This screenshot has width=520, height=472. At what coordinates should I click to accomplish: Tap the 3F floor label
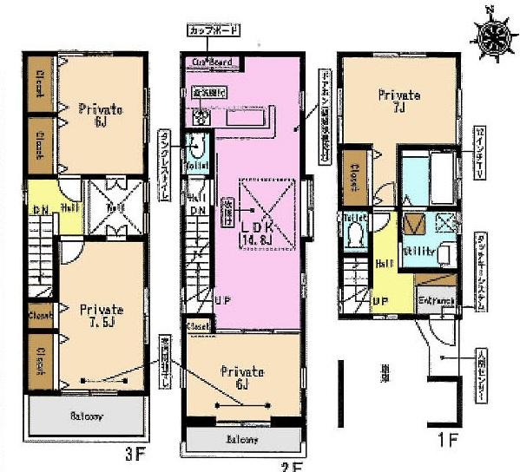pos(133,453)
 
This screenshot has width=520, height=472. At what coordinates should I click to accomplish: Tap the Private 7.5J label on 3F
pos(102,314)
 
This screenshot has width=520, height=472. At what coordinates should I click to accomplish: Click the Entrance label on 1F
pos(436,300)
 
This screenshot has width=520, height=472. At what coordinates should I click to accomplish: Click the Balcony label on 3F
pos(87,416)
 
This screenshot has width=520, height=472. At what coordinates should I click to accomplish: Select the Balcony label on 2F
pos(242,439)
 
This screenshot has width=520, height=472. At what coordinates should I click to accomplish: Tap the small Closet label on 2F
pos(197,325)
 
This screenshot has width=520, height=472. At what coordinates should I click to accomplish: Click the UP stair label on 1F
pos(379,301)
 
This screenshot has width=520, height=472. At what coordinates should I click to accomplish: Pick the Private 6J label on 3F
pos(101,115)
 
